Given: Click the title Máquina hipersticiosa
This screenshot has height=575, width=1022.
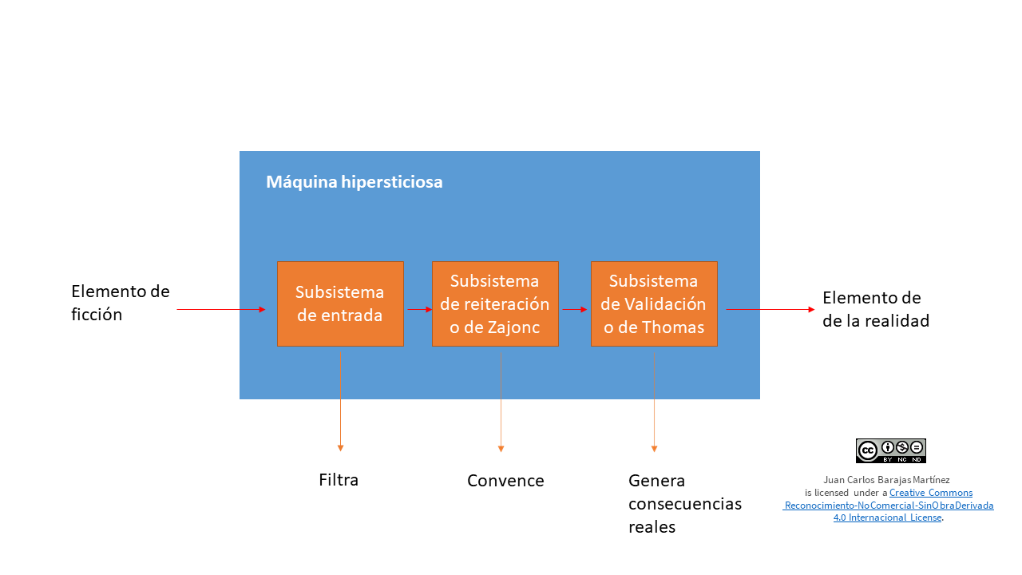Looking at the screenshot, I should click(354, 182).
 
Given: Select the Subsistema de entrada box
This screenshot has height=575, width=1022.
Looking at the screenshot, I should click(340, 303).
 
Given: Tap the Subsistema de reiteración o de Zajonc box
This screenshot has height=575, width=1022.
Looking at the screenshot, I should click(495, 303).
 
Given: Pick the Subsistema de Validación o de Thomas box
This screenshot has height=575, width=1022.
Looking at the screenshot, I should click(654, 303).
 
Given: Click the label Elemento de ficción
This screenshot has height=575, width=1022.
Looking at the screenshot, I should click(120, 303).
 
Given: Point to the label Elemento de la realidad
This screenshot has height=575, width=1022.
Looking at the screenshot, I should click(875, 309).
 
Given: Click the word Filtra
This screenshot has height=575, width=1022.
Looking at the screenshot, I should click(339, 480).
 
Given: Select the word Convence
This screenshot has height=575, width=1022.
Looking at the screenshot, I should click(505, 481).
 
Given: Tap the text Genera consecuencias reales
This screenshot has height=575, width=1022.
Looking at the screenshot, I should click(684, 503).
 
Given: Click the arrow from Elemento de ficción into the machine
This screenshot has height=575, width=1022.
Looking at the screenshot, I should click(220, 309).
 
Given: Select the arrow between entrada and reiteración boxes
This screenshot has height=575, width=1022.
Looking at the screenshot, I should click(418, 309).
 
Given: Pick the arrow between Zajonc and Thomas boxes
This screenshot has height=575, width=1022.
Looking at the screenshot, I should click(575, 309).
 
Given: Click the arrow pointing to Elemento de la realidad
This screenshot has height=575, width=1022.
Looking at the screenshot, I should click(770, 309).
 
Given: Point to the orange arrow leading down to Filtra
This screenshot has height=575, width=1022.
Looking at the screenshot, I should click(340, 399).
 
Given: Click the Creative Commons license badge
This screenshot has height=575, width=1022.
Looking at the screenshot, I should click(890, 450).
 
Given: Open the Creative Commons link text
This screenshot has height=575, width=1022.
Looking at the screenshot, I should click(931, 493).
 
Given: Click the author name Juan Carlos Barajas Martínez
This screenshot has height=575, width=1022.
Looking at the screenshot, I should click(886, 480).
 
